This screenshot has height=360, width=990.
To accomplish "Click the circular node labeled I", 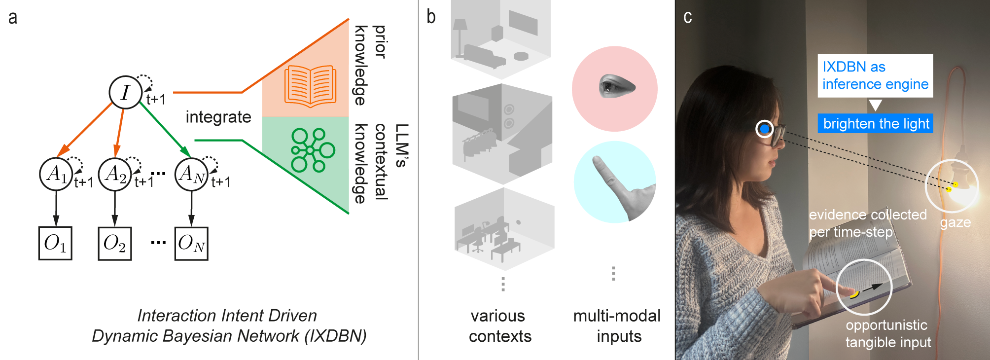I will (x=125, y=92).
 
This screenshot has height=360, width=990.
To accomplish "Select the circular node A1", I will (x=56, y=174).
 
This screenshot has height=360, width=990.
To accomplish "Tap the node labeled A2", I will (x=115, y=174).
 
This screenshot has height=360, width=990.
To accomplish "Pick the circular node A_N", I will (x=191, y=174).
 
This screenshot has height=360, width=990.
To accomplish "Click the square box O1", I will (x=55, y=243).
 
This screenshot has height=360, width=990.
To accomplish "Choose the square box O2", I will (x=114, y=243).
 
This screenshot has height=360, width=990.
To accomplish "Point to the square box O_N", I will (x=191, y=243).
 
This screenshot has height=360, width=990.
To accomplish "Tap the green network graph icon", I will (x=312, y=150).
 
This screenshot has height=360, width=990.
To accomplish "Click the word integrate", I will (x=218, y=117).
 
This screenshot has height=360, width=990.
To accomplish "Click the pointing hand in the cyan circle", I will (x=616, y=185).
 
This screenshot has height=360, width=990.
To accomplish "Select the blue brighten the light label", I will (x=876, y=123).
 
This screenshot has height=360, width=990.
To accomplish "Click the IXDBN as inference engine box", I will (x=875, y=75).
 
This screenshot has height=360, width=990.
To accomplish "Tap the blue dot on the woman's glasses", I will (x=765, y=129).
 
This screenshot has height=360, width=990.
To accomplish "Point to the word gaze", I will (x=955, y=222).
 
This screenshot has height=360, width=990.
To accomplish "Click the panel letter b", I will (x=431, y=17).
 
